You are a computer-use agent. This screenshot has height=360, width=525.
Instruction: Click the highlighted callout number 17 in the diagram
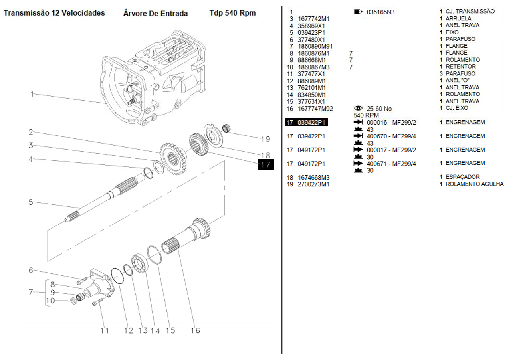coord(266,164)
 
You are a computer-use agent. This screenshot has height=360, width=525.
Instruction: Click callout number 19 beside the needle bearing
coord(265,139)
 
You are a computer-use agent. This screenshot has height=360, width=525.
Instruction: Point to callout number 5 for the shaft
coord(31,202)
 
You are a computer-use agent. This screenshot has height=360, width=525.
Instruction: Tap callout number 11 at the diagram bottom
coord(104,330)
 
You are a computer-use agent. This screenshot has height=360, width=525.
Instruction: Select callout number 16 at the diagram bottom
coord(195,330)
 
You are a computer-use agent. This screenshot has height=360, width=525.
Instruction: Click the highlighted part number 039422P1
coord(312,123)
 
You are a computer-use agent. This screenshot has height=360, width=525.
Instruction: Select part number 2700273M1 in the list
coord(314,184)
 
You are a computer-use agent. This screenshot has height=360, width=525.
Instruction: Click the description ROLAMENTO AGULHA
coord(474,184)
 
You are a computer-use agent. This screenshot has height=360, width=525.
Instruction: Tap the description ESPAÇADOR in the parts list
coord(462,177)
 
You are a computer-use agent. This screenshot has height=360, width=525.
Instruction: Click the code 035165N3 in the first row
coord(380,12)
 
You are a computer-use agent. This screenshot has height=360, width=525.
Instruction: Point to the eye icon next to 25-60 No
coord(358,108)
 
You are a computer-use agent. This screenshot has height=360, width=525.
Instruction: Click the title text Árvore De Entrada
coord(156,14)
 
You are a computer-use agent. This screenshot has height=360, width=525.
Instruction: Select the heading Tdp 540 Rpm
coord(232,13)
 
